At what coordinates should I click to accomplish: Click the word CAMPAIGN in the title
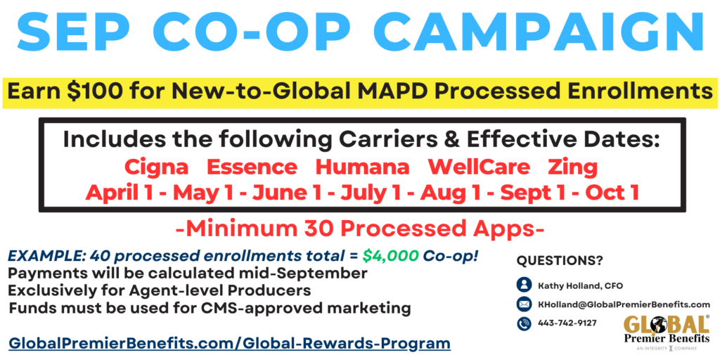(541, 31)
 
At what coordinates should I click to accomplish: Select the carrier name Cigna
(157, 167)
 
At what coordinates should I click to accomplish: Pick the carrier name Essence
(252, 167)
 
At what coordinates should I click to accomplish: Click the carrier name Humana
(362, 167)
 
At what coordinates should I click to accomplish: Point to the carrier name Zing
(572, 167)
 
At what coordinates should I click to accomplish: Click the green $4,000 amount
(390, 257)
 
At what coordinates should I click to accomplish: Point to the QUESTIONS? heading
(560, 260)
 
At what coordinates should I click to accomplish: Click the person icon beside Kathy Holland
(524, 285)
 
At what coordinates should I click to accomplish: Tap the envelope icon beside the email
(524, 304)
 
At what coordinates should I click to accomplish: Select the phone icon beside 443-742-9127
(524, 323)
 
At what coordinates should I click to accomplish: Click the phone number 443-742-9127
(567, 323)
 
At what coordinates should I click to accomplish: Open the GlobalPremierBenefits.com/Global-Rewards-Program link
(229, 343)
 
